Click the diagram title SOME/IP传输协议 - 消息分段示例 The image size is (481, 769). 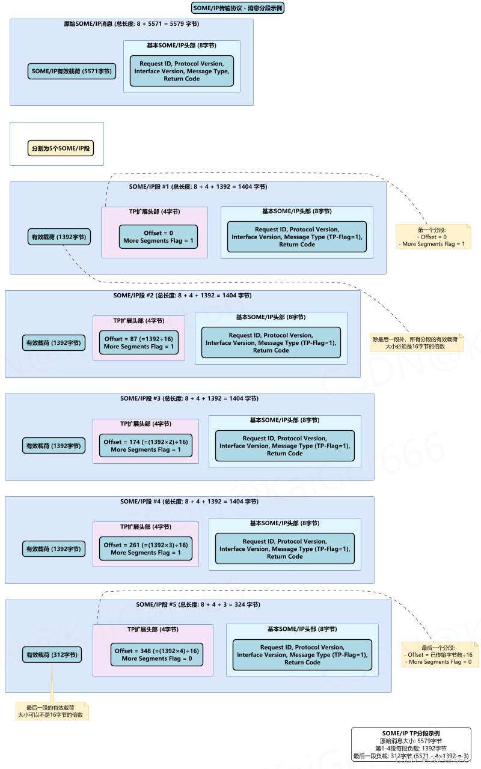[x=237, y=8]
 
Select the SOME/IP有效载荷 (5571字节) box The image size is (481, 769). [x=72, y=71]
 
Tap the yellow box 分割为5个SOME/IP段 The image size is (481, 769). [x=61, y=148]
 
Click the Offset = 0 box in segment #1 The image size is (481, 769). [x=158, y=237]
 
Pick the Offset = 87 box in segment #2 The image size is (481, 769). [x=138, y=342]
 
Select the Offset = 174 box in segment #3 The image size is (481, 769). [x=146, y=445]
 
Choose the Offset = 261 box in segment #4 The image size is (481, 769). [x=146, y=549]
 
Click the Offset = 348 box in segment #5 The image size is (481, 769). [x=156, y=654]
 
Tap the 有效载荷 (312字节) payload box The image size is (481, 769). [x=52, y=655]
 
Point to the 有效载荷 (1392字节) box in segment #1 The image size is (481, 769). [x=59, y=237]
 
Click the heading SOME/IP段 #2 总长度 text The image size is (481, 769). [x=182, y=296]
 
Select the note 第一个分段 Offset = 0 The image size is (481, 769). [x=433, y=237]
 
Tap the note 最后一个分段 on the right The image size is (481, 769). [x=440, y=654]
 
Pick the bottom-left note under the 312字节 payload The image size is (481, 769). [x=52, y=711]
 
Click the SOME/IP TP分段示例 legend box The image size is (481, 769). [x=411, y=744]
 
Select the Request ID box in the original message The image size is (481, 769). [x=182, y=71]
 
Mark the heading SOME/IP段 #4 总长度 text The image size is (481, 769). [x=189, y=502]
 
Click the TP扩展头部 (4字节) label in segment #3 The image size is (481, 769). [x=146, y=424]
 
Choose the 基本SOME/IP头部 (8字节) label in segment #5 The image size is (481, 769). [x=302, y=629]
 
